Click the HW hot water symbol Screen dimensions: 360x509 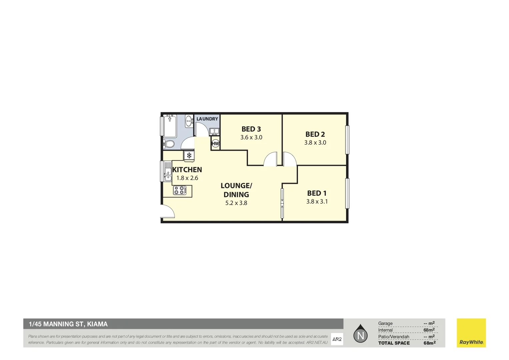click(215, 144)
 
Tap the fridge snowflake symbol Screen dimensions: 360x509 click(189, 155)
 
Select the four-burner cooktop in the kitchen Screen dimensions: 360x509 click(180, 190)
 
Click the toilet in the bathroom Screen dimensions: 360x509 click(169, 144)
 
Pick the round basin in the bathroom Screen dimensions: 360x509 click(189, 121)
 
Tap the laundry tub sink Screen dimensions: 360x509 click(214, 131)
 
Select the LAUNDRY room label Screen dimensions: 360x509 click(207, 119)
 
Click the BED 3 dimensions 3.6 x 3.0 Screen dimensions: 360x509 click(251, 137)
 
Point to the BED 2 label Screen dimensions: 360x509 click(315, 134)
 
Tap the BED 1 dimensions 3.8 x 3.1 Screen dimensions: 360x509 click(317, 201)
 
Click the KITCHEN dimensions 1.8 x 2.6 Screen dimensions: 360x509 click(187, 178)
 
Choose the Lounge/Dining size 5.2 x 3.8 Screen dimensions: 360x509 click(236, 203)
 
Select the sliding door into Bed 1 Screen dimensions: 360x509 click(282, 203)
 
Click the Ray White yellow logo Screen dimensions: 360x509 click(471, 333)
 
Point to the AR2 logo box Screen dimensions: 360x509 click(337, 339)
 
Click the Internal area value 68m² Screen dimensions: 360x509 click(429, 330)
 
